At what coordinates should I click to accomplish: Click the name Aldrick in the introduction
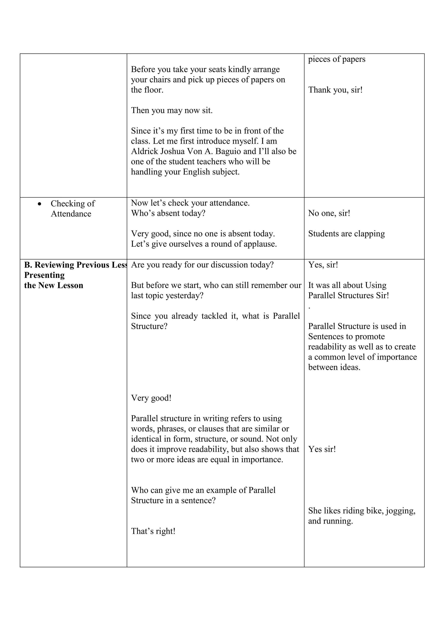click(x=144, y=151)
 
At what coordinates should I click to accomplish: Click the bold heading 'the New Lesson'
click(x=54, y=285)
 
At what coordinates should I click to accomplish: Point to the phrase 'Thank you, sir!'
click(x=335, y=90)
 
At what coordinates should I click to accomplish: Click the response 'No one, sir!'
click(x=329, y=213)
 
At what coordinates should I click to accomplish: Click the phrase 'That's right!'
click(x=153, y=531)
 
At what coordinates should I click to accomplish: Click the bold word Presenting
click(x=44, y=275)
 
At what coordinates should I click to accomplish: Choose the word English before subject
click(x=196, y=172)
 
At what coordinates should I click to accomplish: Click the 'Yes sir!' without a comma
click(x=322, y=449)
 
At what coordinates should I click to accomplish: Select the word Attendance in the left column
click(x=71, y=214)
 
